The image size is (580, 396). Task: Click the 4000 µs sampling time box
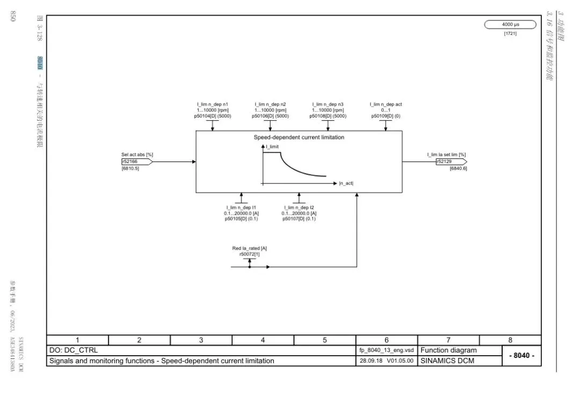tap(510, 25)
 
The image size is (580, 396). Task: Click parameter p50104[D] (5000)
tap(213, 116)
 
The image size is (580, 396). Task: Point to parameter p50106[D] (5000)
tap(270, 116)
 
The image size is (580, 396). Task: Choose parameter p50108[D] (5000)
tap(328, 116)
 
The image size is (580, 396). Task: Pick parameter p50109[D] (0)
tap(386, 116)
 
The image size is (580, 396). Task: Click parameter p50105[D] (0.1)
tap(241, 219)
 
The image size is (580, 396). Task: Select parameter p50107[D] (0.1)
tap(299, 219)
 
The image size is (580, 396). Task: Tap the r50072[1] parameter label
tap(249, 254)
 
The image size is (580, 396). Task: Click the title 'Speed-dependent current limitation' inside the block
tap(299, 137)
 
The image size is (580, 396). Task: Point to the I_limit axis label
tap(272, 146)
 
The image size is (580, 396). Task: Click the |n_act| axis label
tap(346, 184)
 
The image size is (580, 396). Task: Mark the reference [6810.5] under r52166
tap(130, 168)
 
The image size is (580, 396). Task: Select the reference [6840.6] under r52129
tap(458, 168)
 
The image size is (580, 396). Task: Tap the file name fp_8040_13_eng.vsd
tap(387, 350)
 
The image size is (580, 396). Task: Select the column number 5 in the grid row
tap(325, 340)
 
